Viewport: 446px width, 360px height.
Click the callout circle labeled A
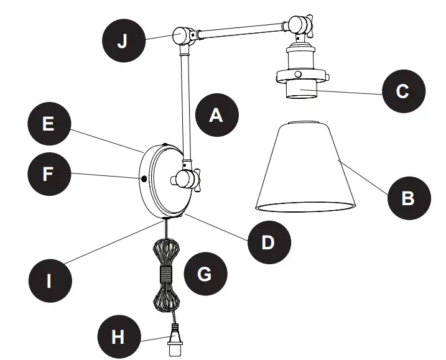(216, 114)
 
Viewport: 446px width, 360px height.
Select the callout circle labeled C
(402, 92)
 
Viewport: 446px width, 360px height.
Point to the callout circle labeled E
(48, 124)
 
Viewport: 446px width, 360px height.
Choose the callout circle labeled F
(48, 173)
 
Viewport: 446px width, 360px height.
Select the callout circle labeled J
(123, 42)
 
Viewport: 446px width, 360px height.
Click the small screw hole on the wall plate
(144, 179)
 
